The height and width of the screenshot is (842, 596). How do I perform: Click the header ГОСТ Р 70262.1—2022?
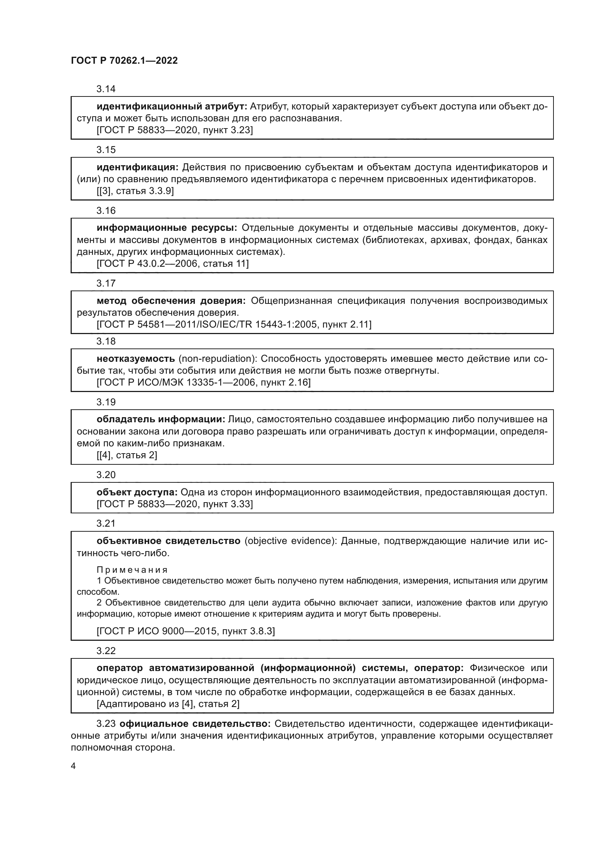124,60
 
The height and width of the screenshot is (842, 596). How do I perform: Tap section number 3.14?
106,89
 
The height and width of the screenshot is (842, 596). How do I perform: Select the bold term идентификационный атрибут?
172,106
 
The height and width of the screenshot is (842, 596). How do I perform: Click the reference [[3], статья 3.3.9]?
135,191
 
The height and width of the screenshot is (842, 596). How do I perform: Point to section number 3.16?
106,211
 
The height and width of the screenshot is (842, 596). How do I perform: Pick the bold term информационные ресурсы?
167,228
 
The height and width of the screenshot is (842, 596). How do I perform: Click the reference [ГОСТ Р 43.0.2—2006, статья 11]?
173,263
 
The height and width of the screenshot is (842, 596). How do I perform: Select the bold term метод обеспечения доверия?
171,301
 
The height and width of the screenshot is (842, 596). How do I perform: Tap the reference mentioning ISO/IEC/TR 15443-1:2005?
234,324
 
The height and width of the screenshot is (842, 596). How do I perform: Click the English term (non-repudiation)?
217,358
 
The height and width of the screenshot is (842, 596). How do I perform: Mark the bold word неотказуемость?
136,358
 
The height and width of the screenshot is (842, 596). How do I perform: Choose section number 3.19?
106,402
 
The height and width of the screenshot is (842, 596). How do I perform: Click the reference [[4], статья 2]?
126,455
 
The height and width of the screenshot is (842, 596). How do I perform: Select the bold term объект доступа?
137,492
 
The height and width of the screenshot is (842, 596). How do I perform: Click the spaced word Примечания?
132,570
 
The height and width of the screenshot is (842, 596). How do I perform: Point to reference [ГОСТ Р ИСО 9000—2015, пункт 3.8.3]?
185,631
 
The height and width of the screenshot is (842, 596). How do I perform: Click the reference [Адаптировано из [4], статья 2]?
168,704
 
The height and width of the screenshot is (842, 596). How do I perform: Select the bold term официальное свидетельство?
195,724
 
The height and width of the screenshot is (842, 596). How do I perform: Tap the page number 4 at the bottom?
73,766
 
